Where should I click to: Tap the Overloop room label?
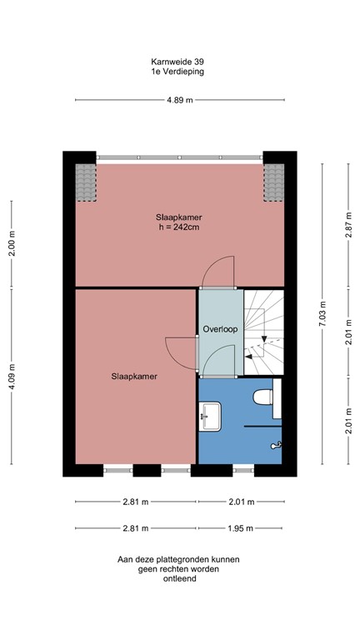tap(220, 329)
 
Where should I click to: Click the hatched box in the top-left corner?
tap(85, 182)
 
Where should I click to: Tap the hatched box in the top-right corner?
tap(273, 182)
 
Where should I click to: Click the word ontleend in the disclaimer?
tap(179, 579)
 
